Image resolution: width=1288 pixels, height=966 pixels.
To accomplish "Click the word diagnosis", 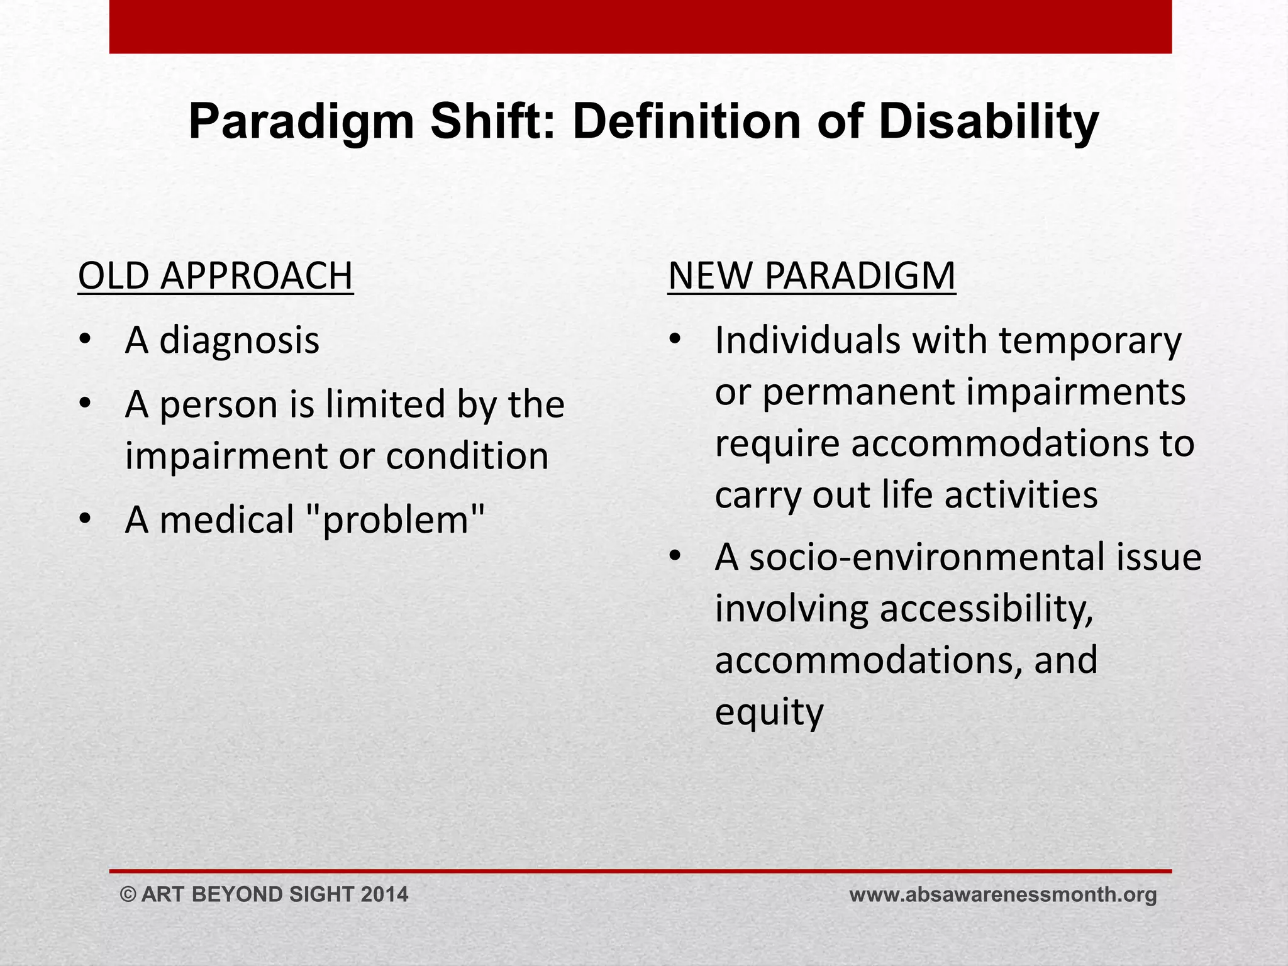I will [240, 341].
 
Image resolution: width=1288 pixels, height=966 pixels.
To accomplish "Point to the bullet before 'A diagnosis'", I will [86, 341].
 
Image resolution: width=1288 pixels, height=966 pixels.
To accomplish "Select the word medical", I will [227, 520].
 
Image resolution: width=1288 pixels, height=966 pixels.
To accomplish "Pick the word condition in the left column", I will [467, 456].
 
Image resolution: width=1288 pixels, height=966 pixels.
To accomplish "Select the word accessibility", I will [986, 609].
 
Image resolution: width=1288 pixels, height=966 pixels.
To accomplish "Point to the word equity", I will [769, 713].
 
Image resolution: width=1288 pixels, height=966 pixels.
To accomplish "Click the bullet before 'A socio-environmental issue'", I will [675, 557].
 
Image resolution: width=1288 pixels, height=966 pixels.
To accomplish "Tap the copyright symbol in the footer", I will [128, 894].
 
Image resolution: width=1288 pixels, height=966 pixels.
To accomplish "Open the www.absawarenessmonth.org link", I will [1002, 894].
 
